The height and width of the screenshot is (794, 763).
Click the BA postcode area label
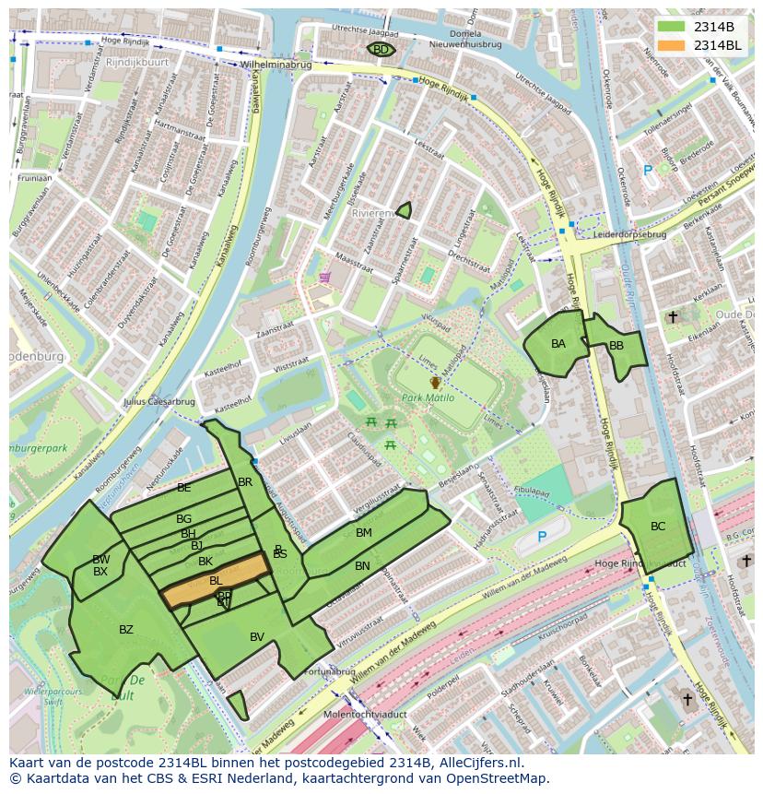coord(558,344)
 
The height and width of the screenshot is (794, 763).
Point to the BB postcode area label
coord(616,346)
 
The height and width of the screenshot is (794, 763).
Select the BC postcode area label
coord(658,527)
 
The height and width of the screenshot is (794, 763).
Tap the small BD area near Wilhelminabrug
coord(381,50)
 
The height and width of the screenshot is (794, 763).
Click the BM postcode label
coord(364,533)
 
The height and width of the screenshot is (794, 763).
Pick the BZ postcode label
coord(126,630)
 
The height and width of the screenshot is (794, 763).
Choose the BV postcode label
coord(257,636)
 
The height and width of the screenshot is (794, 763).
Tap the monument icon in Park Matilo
coord(435,382)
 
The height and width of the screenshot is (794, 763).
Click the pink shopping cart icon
coord(324,276)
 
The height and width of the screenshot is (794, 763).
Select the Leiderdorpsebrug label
coord(630,234)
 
